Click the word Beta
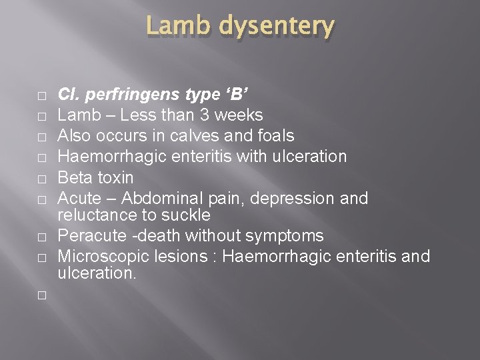(75, 177)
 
